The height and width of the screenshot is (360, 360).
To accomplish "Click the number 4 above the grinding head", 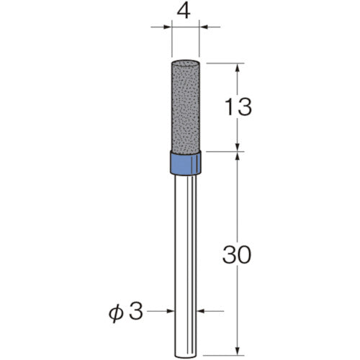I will click(x=185, y=12).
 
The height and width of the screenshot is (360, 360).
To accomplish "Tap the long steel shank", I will click(x=184, y=252).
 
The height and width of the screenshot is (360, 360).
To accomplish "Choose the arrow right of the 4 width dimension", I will click(x=204, y=28).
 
